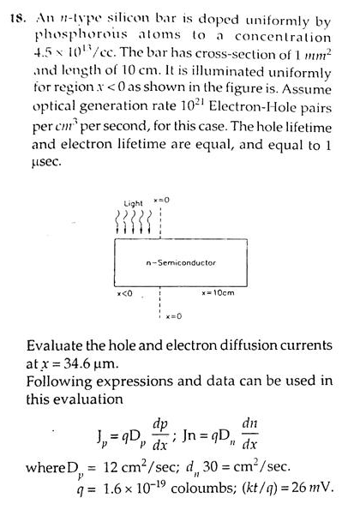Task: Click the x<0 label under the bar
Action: click(x=124, y=293)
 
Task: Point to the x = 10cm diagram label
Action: click(x=219, y=293)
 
